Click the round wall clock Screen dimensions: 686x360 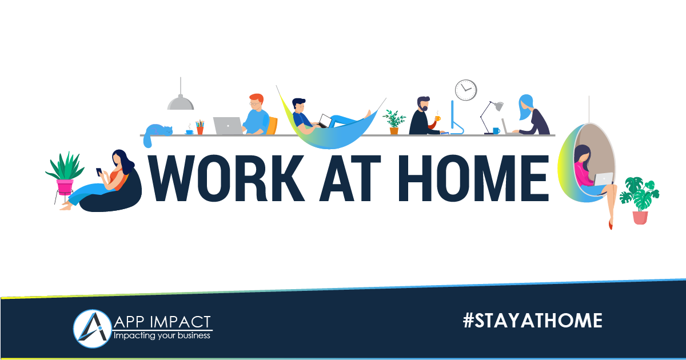click(466, 90)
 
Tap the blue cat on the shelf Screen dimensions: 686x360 click(158, 132)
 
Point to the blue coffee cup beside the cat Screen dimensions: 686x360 click(190, 131)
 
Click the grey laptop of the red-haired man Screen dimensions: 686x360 click(228, 126)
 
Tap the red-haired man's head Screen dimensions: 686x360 click(256, 102)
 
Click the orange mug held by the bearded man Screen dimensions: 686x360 click(438, 118)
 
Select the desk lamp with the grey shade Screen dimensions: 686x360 click(491, 118)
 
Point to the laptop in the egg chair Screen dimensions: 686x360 click(604, 179)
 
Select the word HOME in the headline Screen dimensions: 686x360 click(473, 178)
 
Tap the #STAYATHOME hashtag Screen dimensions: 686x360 click(533, 321)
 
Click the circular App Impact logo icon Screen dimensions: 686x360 click(92, 329)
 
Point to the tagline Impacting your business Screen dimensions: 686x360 click(162, 335)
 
